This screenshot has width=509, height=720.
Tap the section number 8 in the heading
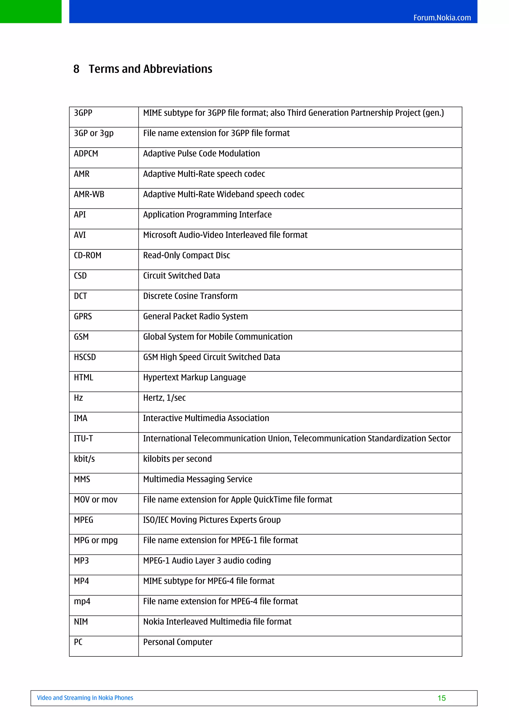76,69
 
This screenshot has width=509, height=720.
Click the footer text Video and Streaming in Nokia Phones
85,698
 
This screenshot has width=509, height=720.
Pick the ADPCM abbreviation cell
86,154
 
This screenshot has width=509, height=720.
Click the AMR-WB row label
89,195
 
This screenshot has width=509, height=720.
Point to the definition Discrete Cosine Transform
190,296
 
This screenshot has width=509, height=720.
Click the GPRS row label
83,317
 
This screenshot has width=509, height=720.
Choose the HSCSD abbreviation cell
85,357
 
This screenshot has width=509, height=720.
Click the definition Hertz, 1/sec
164,398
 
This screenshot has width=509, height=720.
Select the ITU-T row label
84,439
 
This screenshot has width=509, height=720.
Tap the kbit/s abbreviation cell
84,459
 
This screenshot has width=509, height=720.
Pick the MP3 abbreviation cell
81,561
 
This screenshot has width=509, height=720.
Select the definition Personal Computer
177,642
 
